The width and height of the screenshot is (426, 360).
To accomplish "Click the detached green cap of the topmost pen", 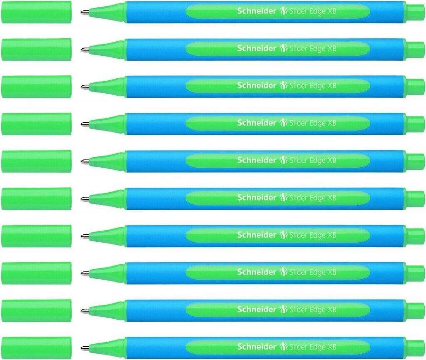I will [36, 12].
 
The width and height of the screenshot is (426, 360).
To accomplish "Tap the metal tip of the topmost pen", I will [83, 12].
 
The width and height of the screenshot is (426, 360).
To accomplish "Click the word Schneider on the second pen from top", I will [257, 48].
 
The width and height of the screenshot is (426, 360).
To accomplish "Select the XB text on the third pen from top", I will [331, 86].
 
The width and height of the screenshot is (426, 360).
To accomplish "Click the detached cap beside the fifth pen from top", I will [36, 161].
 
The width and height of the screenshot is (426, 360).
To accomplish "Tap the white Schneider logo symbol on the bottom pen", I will [283, 346].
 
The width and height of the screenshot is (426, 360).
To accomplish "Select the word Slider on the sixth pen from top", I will [298, 198].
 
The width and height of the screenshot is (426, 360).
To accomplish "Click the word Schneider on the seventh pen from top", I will [257, 235].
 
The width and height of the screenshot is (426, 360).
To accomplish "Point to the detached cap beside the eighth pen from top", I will [36, 273].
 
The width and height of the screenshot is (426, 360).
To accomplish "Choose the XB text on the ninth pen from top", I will [331, 309].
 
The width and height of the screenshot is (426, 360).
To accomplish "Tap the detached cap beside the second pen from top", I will [36, 49].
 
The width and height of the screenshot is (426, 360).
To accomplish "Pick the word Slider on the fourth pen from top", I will [298, 123].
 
